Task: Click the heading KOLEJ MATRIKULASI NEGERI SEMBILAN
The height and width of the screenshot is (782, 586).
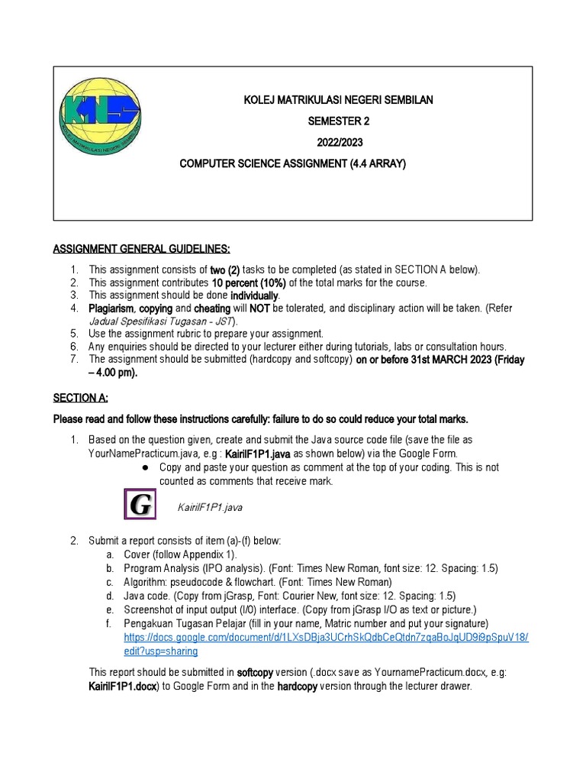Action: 337,100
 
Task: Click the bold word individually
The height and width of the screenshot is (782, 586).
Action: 255,296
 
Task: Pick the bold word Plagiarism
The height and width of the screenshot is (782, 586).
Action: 111,309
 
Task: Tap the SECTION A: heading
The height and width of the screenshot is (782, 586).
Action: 80,398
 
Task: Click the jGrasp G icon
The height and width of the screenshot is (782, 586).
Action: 140,506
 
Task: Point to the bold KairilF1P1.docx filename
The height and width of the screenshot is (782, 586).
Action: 124,686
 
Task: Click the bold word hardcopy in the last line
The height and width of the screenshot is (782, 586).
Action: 301,686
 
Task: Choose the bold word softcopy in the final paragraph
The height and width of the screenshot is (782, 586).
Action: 260,672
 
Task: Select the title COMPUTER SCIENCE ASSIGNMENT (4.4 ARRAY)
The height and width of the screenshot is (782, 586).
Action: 292,163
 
